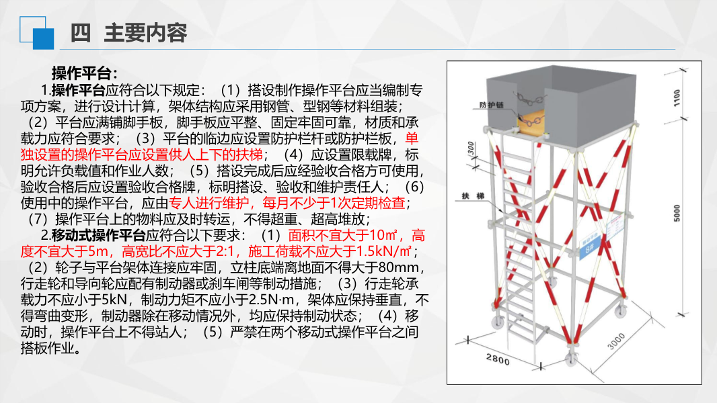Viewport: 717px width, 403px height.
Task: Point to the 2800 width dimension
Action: point(498,359)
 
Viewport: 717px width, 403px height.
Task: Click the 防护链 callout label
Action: point(490,105)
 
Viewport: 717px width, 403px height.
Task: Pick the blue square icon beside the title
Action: point(43,38)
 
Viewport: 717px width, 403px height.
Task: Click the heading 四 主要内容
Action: point(128,33)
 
